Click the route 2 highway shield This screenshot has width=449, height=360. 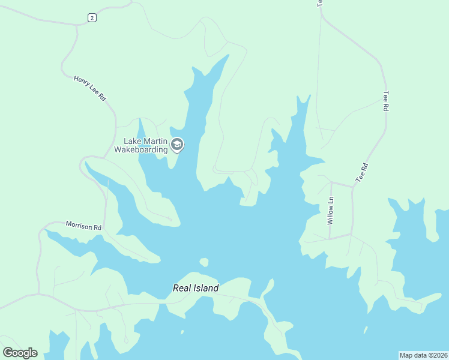coord(91,18)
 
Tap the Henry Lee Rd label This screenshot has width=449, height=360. coord(89,88)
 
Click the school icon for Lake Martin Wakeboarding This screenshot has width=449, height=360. coord(177,145)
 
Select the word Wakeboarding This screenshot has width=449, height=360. coord(141,149)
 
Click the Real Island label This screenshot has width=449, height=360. coord(196,288)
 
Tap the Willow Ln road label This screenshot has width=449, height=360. coord(330,211)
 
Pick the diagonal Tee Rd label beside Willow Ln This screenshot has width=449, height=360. coord(361,173)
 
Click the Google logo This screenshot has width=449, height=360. coord(20,353)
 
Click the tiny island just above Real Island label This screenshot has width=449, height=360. coord(204,262)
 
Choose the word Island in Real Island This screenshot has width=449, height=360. coord(206,288)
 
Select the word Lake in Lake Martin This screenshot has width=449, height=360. coord(133,142)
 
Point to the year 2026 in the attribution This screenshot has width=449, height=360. coord(438,355)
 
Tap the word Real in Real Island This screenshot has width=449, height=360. coord(181,288)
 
